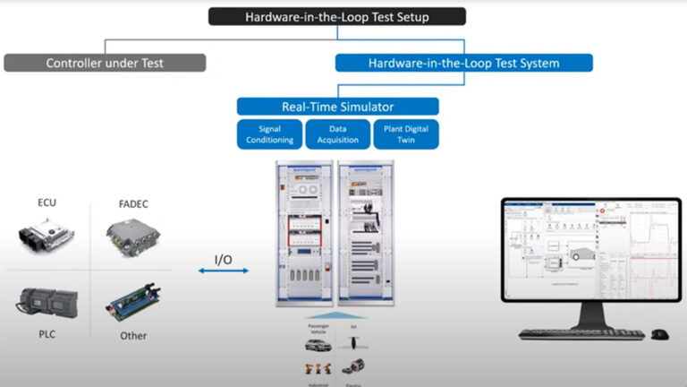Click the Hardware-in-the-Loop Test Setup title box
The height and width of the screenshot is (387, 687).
click(x=337, y=16)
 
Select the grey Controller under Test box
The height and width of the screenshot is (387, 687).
click(x=105, y=63)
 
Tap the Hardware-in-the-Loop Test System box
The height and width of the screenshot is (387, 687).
click(x=463, y=63)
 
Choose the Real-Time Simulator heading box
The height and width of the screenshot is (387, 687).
click(x=337, y=107)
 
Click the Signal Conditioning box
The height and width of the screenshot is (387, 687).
click(x=269, y=133)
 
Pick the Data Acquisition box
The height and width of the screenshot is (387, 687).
click(x=337, y=133)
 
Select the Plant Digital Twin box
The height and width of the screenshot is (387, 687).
click(x=405, y=133)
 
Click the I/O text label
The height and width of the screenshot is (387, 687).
click(x=224, y=259)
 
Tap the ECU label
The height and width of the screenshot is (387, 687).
click(x=47, y=203)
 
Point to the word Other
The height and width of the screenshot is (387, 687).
click(x=133, y=336)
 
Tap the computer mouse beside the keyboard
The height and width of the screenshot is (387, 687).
click(x=658, y=334)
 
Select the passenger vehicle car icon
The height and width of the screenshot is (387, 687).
click(x=314, y=343)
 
